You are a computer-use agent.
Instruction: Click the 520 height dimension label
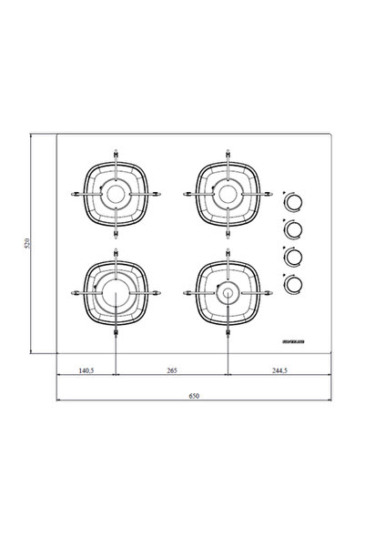[27, 244]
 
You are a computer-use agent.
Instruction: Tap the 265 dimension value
[172, 370]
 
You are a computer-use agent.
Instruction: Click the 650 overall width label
[194, 396]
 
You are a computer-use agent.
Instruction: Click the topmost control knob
[293, 201]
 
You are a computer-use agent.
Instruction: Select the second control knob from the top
[293, 229]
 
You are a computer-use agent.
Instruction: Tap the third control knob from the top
[293, 257]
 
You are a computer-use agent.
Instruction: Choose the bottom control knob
[293, 284]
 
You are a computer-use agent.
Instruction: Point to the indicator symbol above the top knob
[284, 191]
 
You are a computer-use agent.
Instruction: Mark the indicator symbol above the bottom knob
[284, 274]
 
